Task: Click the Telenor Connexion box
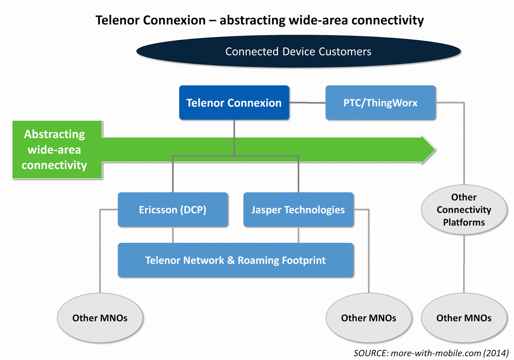[234, 103]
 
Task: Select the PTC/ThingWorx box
[380, 103]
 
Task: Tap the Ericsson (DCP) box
[173, 210]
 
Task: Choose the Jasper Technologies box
[298, 210]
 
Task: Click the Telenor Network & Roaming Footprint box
[235, 260]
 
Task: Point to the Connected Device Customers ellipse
[298, 51]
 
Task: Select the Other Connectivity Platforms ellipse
[464, 210]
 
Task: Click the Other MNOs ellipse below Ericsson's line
[100, 318]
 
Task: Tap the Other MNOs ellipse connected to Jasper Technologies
[368, 318]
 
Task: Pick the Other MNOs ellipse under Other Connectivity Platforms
[464, 318]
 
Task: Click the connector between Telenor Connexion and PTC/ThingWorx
[307, 103]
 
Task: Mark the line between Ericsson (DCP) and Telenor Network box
[173, 235]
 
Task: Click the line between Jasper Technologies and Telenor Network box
[298, 235]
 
